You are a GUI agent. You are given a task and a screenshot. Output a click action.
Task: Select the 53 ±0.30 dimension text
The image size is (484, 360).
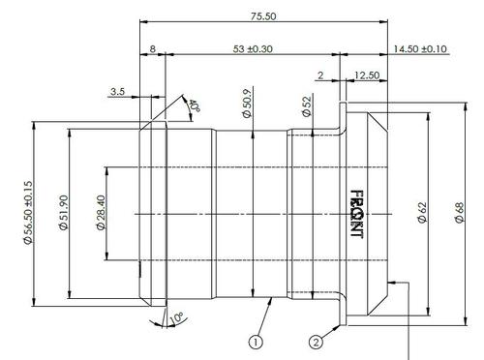[253, 48]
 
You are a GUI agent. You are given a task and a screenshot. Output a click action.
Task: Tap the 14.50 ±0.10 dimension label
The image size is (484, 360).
[420, 48]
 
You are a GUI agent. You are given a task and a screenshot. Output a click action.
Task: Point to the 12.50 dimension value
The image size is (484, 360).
[367, 75]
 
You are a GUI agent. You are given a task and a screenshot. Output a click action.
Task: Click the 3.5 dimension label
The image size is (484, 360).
[117, 91]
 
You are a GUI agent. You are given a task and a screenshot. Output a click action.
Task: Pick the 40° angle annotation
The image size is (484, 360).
[194, 105]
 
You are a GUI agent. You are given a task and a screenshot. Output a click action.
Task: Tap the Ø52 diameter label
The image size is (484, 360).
[305, 105]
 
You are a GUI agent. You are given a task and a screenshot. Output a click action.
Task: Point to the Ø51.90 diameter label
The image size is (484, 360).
[63, 213]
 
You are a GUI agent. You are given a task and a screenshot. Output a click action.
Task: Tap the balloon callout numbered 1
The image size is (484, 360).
[256, 341]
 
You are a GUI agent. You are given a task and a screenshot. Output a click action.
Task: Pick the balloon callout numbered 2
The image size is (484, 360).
[316, 340]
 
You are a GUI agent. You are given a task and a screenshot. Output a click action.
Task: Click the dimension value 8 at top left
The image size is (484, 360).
[153, 48]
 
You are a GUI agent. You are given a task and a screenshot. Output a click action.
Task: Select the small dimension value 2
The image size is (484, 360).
[320, 75]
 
